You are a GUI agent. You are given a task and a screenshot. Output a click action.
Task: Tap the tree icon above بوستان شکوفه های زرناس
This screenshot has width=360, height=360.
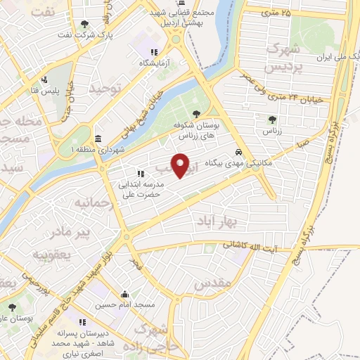pos(196,115)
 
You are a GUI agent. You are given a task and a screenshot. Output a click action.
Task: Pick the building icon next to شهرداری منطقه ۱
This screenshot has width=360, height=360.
pos(96,138)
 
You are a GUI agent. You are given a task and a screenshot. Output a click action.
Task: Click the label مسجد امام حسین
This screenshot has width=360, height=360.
pos(124,305)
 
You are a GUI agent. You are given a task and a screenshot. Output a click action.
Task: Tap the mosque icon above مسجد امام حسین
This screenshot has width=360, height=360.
pos(125,295)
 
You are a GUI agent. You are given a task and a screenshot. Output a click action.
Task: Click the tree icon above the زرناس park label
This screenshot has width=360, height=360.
pos(271,120)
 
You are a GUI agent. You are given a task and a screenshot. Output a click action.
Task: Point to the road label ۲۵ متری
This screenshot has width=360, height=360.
pos(276,13)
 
